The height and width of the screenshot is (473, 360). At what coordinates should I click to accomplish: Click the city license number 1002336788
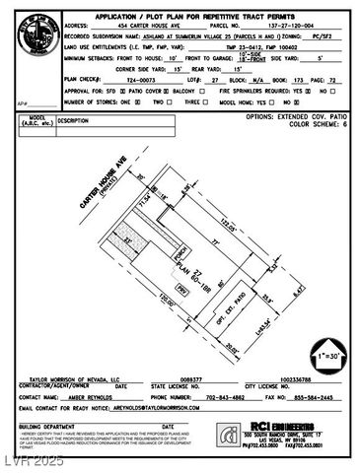click(288, 378)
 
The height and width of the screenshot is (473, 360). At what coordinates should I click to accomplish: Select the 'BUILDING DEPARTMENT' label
click(46, 425)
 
